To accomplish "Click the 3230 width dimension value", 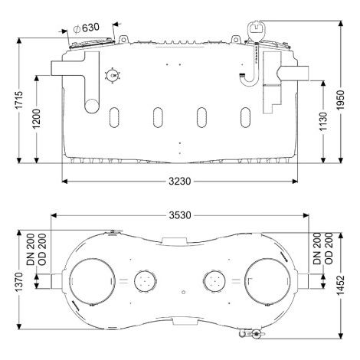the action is click(180, 182).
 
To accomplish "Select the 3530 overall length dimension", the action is click(180, 215).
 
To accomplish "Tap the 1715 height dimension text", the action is click(19, 100).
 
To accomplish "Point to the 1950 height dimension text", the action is click(340, 100).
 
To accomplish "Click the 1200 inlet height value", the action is click(37, 119).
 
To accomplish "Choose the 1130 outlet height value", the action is click(323, 121).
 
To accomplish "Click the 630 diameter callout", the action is click(86, 28).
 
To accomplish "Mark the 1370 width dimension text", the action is click(19, 282).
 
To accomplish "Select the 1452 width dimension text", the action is click(340, 285).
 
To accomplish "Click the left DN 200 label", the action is click(31, 249).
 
